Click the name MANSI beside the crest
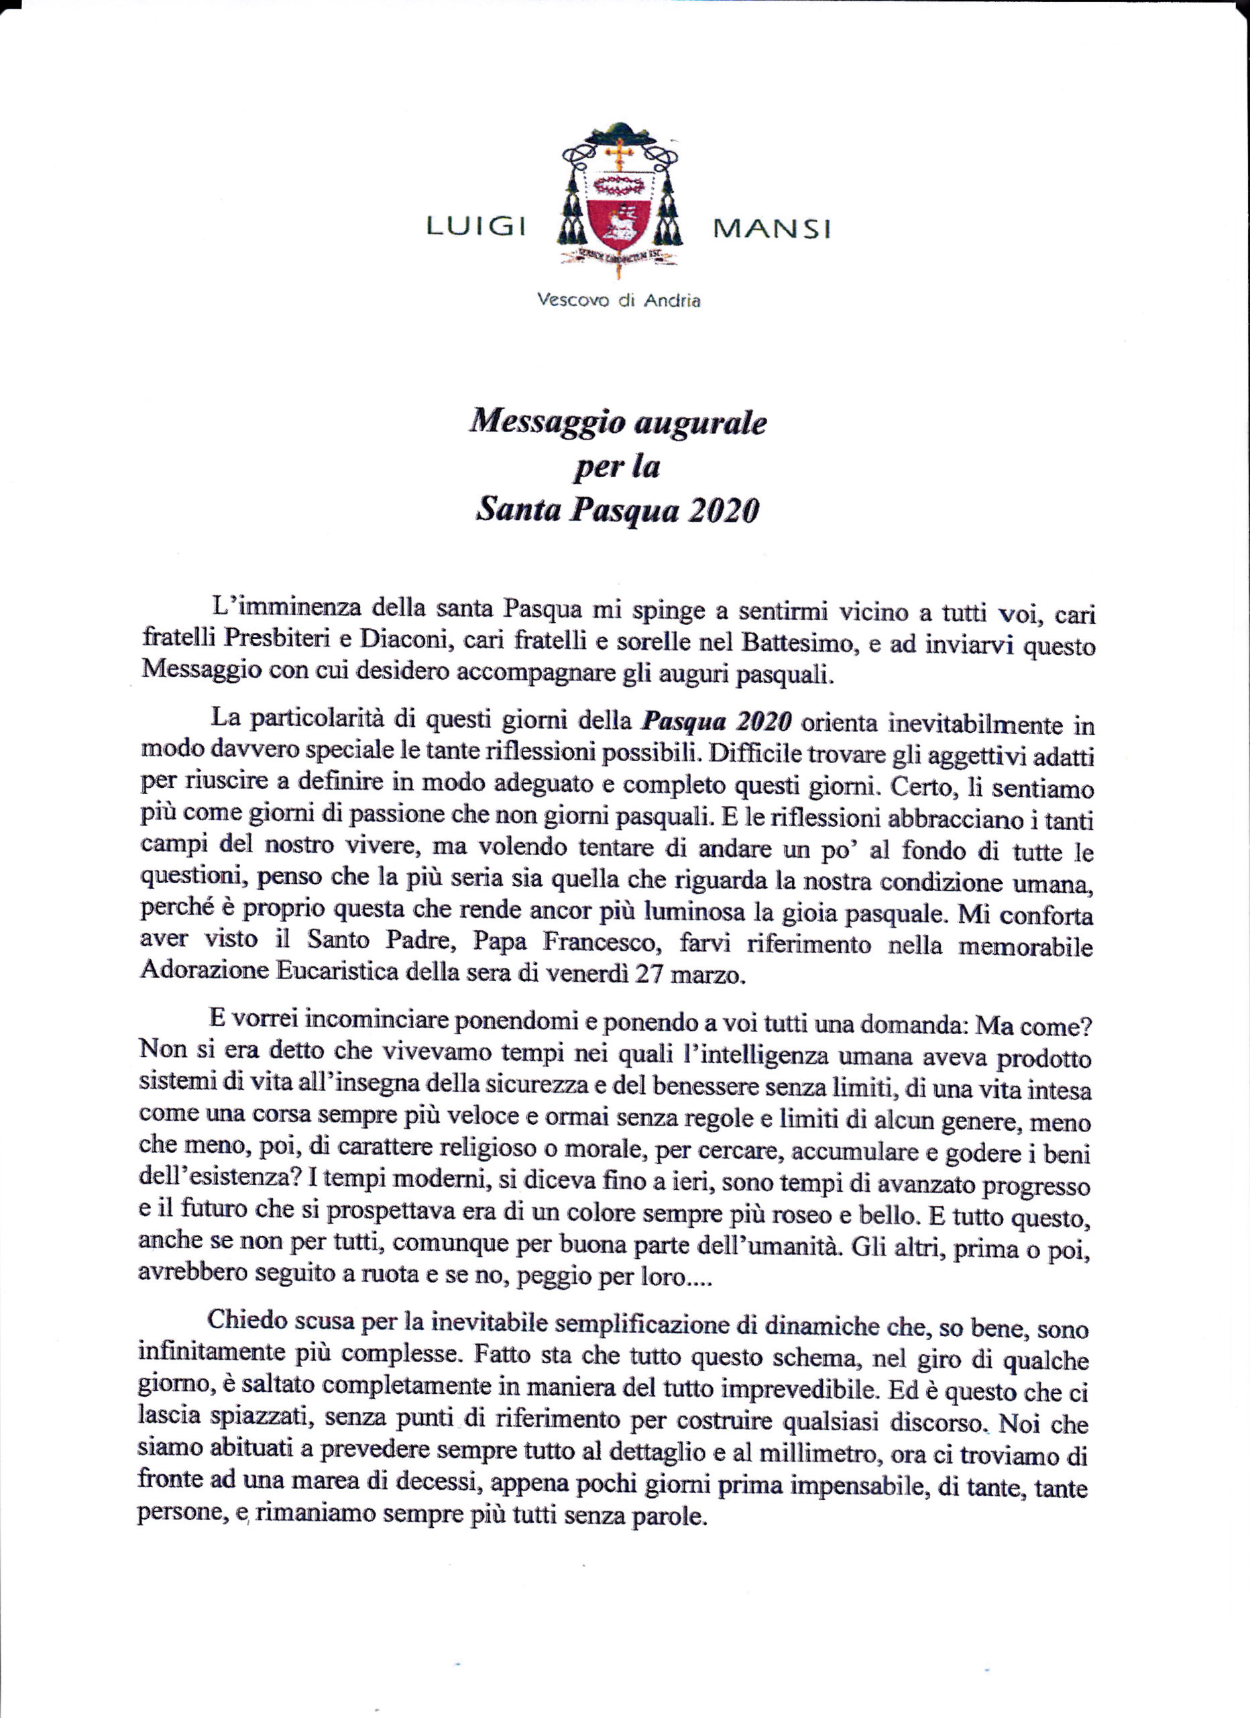771,228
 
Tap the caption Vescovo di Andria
618,301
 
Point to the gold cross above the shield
620,154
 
